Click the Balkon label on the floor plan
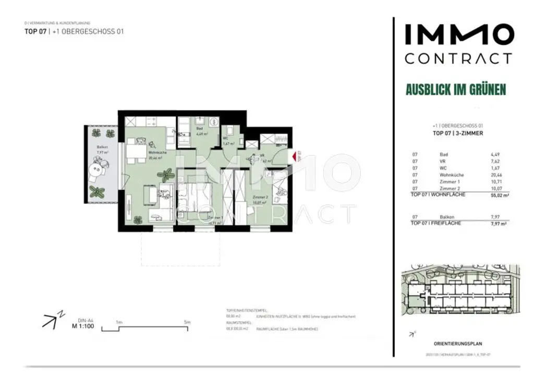(102, 148)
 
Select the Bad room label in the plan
(199, 128)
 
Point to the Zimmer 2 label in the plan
(259, 197)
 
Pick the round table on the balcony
(98, 168)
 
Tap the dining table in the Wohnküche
(137, 153)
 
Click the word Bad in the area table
(444, 154)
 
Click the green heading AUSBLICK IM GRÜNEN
(456, 90)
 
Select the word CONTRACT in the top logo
(458, 58)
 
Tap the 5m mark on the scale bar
(187, 323)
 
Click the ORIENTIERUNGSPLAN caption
(458, 344)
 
